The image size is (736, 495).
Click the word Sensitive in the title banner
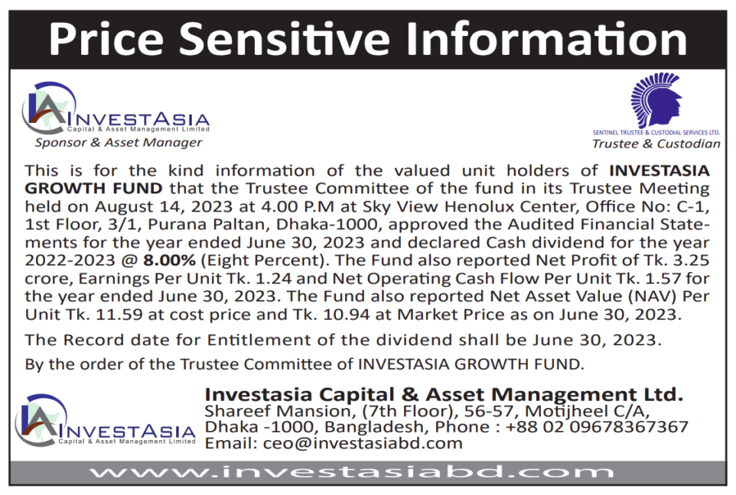pyautogui.click(x=284, y=39)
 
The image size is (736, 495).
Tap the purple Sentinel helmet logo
pyautogui.click(x=656, y=100)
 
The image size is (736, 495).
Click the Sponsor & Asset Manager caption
pyautogui.click(x=119, y=143)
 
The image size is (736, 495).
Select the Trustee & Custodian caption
pyautogui.click(x=656, y=144)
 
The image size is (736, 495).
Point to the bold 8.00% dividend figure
pyautogui.click(x=169, y=260)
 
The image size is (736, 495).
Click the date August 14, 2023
pyautogui.click(x=164, y=207)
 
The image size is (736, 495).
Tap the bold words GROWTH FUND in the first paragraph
pyautogui.click(x=93, y=189)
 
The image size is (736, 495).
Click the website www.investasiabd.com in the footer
pyautogui.click(x=352, y=472)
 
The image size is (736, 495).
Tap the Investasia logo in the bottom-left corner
pyautogui.click(x=105, y=420)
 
